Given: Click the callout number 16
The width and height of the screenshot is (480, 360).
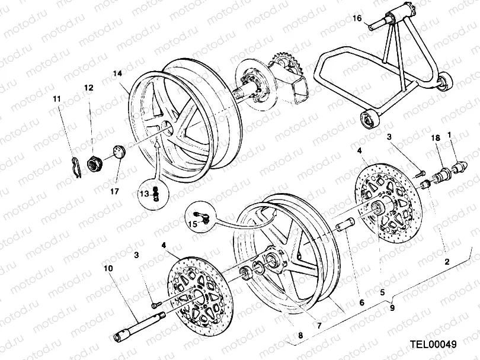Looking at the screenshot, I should [x=357, y=18].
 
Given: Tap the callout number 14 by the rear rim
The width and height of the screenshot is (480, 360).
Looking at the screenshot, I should [x=117, y=73].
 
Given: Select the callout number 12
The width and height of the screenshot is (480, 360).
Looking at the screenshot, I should [x=88, y=88].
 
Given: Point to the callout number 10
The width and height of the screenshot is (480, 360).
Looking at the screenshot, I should [x=108, y=268].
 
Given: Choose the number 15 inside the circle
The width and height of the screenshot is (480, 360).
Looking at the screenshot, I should [x=192, y=224].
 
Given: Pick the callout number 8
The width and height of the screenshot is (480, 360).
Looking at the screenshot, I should [x=300, y=336].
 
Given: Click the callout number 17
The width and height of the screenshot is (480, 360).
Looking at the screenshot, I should [x=116, y=191].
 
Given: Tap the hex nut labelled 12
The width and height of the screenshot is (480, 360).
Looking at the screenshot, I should [x=95, y=162].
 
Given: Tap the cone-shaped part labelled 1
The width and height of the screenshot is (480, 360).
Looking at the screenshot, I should [x=460, y=160].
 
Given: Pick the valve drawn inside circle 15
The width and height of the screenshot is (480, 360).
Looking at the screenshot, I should [x=202, y=215].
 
